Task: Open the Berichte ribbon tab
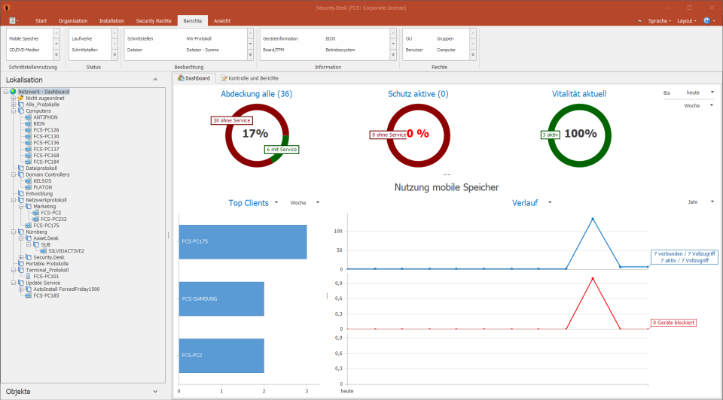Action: pos(191,21)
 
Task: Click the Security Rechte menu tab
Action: pos(154,21)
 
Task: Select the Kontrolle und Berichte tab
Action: pos(250,78)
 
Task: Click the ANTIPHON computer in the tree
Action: pos(45,117)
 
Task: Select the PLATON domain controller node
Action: pos(43,187)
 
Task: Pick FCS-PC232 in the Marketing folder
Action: pos(53,219)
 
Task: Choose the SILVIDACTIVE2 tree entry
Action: pos(66,250)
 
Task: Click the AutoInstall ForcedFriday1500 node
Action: pos(66,289)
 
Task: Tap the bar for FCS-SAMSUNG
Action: pos(221,298)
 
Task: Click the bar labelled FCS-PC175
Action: pos(243,241)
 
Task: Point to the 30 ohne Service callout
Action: pos(231,120)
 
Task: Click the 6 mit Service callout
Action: pos(282,150)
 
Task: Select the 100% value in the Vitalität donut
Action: pos(580,134)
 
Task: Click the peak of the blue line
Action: pos(593,219)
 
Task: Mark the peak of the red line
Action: pos(593,278)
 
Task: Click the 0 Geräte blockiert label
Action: pos(673,323)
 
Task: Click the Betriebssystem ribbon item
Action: pos(340,50)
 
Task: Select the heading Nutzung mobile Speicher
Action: pos(447,186)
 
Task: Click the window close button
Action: pos(709,7)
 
